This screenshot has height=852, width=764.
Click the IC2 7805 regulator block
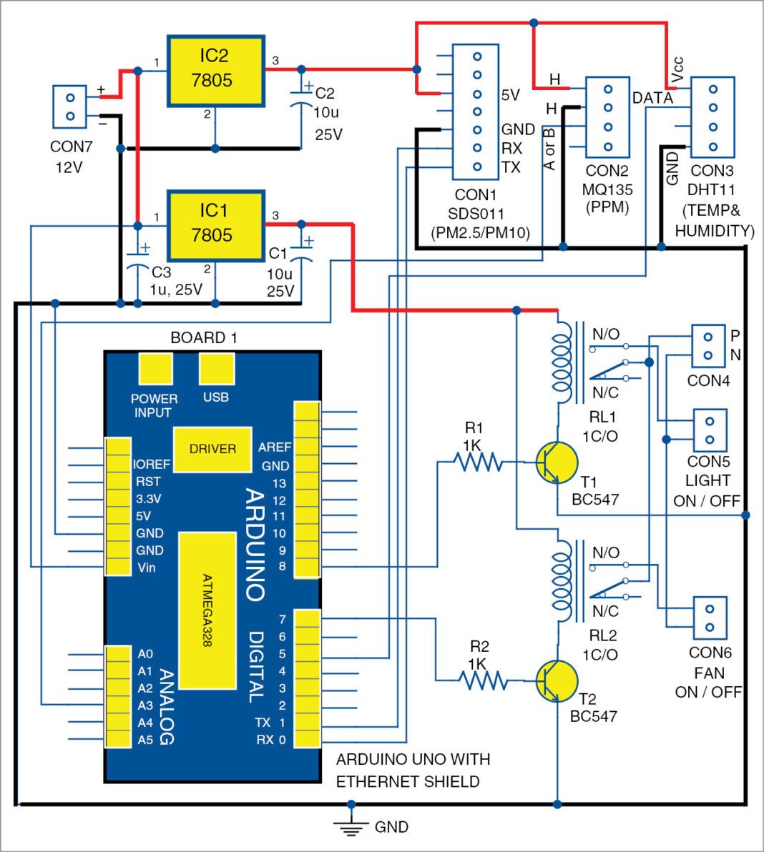pos(215,70)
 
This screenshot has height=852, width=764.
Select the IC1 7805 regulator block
pos(215,224)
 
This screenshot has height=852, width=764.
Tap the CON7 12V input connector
pos(70,106)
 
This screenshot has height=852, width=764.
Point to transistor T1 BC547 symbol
pos(556,462)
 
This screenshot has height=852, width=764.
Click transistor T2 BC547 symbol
pos(556,681)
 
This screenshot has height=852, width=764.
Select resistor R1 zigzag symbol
pos(479,462)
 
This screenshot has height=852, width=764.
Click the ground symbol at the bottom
pos(351,827)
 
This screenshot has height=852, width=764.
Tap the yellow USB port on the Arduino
pos(216,370)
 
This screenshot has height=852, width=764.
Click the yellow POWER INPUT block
pos(155,370)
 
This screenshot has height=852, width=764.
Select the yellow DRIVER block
pos(212,449)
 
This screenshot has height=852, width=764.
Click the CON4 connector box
pos(708,346)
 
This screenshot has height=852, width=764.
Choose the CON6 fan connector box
pos(710,618)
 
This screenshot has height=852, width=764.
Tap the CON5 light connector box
pos(710,430)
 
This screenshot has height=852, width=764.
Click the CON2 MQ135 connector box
pos(607,117)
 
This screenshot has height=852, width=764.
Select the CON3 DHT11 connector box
pos(712,117)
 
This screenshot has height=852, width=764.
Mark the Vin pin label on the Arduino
pos(146,568)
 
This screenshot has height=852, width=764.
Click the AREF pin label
pos(275,447)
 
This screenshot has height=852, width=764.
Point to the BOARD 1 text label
pos(204,338)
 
